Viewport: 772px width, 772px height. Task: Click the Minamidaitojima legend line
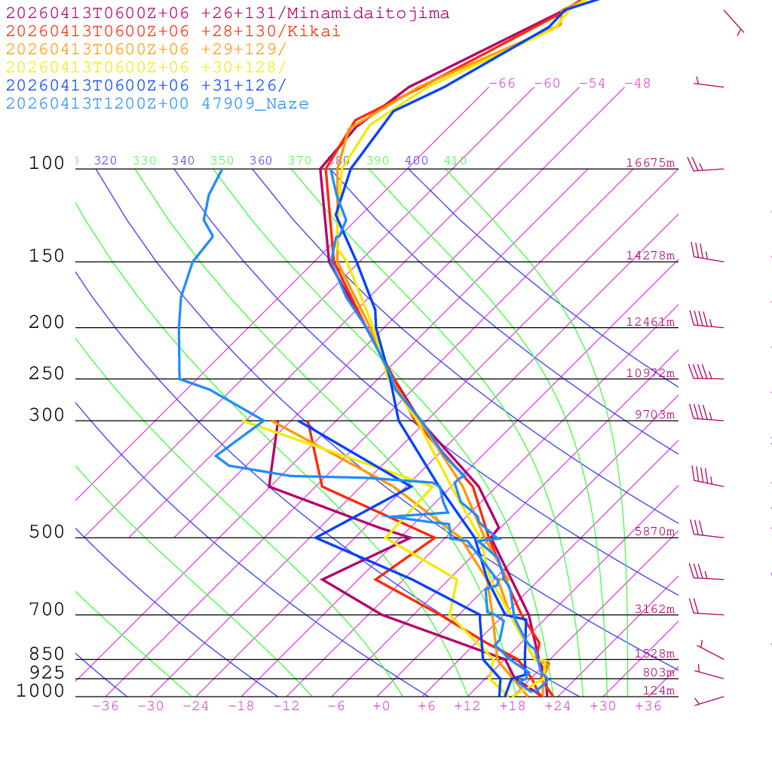coord(228,14)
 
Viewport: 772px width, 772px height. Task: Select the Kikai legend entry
coord(173,32)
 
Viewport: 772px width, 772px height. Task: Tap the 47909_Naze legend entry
coord(157,104)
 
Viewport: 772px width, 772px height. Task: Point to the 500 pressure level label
coord(47,532)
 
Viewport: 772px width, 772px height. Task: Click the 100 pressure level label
coord(47,164)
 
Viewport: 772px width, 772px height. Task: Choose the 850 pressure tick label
coord(47,654)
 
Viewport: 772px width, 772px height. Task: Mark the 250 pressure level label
coord(47,374)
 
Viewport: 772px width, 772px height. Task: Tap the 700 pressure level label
coord(47,610)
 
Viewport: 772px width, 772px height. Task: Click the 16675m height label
coord(651,163)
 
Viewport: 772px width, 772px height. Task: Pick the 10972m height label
coord(651,373)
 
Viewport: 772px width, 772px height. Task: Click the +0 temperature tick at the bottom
coord(381,706)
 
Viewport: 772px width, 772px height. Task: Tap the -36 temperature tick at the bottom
coord(106,706)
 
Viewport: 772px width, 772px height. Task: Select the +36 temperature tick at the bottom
coord(648,706)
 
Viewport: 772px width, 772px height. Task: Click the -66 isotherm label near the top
coord(502,84)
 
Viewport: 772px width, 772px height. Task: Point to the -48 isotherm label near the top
coord(638,84)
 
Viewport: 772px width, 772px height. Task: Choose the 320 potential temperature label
coord(106,161)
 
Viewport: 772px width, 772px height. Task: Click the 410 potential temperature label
coord(455,161)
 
